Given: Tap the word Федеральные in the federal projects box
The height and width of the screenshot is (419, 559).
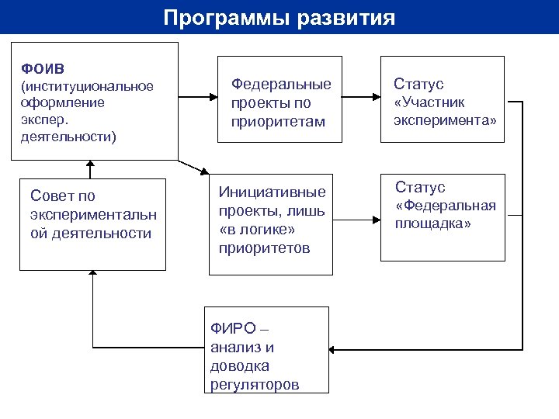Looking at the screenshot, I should pos(281,84).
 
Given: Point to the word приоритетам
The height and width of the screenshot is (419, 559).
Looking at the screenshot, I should pos(277,121).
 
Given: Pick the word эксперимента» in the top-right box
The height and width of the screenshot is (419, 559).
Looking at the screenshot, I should pos(444,121).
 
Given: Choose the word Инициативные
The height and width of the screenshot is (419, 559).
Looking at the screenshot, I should pos(272,192).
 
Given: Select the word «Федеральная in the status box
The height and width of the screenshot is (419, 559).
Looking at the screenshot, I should pos(445,206).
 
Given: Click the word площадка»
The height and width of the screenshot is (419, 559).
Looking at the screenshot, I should pos(432,224).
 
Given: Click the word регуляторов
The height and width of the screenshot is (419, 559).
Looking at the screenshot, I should pos(255,385).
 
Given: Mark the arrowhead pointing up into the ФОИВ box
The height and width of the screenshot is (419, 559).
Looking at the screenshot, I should pos(90,164).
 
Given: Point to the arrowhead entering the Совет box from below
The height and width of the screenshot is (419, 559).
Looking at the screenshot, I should pos(92,274).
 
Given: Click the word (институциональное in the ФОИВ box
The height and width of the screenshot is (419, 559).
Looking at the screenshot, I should pos(87,85).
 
